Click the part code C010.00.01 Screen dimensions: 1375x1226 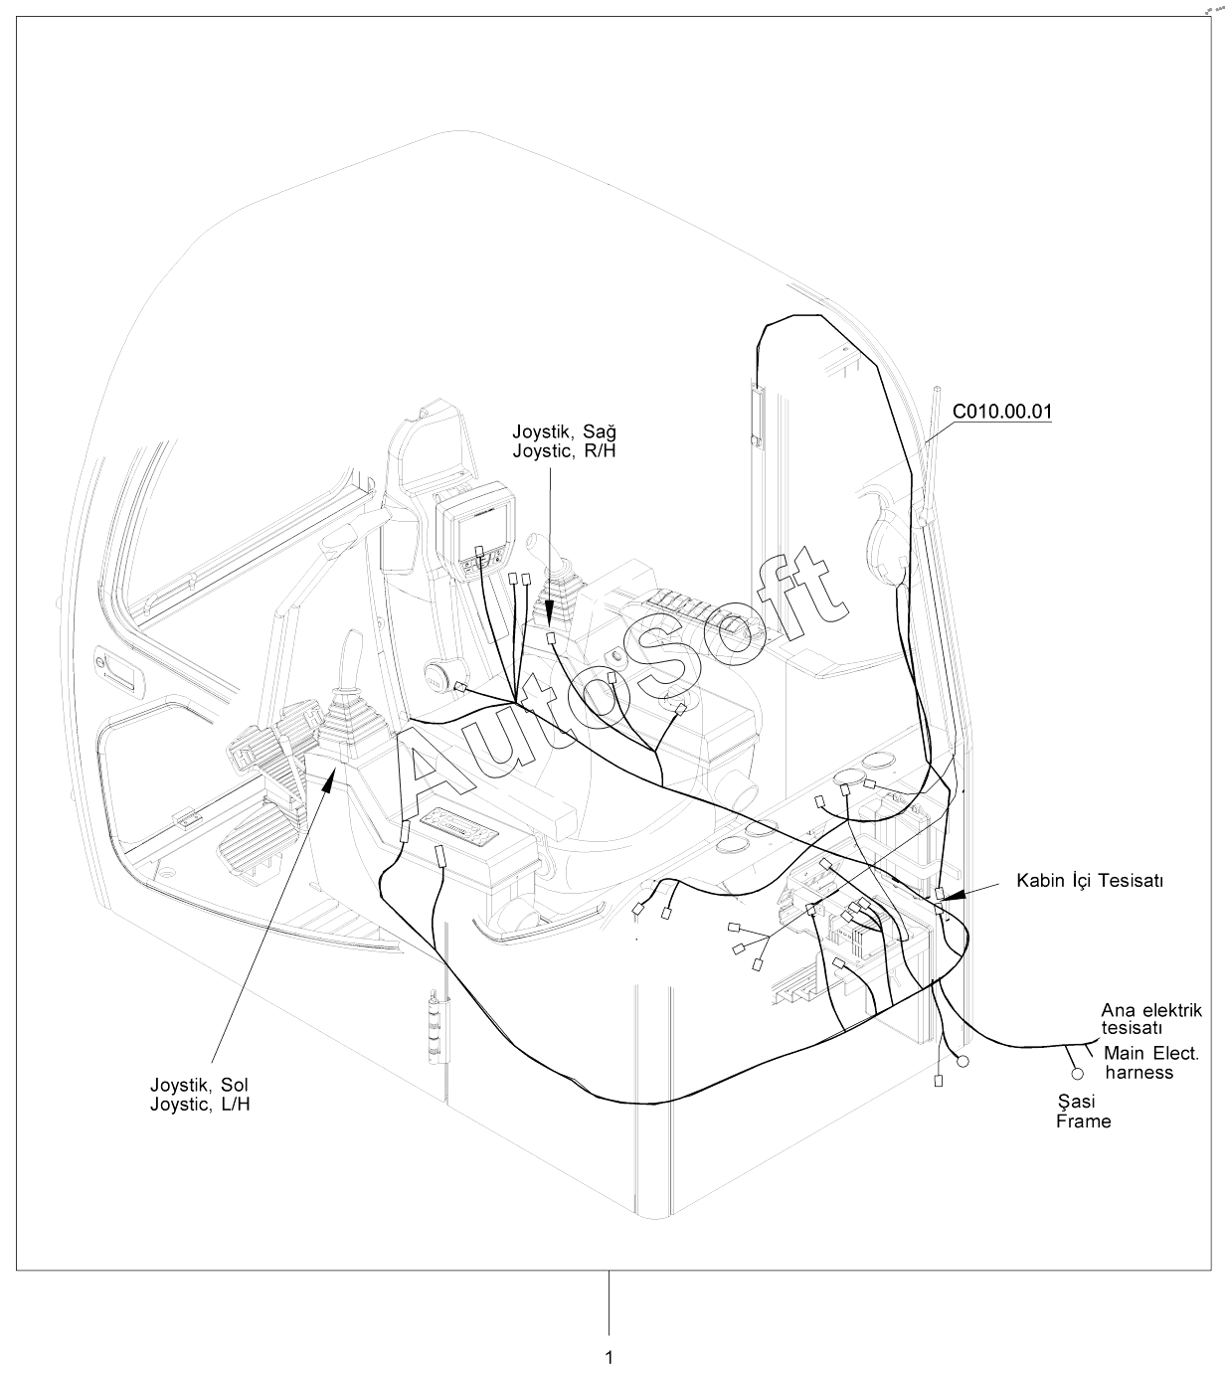(1002, 412)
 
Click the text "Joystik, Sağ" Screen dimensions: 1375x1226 (564, 431)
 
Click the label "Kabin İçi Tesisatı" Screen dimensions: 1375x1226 (1089, 881)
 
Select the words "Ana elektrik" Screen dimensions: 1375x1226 (1151, 1010)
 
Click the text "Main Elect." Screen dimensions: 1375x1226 (1151, 1054)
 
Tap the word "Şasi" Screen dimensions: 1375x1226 (1076, 1102)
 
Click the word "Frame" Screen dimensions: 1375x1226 (1083, 1121)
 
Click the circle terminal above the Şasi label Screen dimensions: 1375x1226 (1076, 1075)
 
